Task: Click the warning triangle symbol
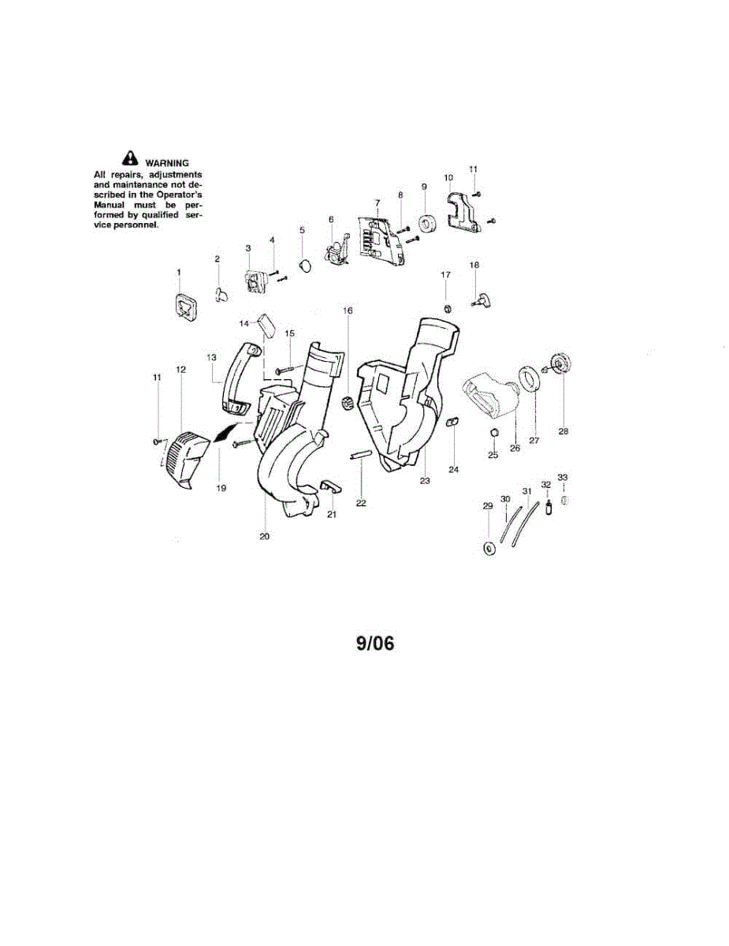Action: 130,158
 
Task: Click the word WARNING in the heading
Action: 167,163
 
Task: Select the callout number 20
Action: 264,537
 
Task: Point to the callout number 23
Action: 425,481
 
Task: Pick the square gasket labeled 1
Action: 186,307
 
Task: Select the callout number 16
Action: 348,311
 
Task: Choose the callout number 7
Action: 377,203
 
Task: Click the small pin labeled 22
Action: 360,455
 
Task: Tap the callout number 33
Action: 562,478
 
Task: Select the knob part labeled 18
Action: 482,300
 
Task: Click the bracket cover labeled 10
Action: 463,212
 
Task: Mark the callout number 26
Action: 515,448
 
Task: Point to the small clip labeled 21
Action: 331,486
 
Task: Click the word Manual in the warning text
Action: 110,205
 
